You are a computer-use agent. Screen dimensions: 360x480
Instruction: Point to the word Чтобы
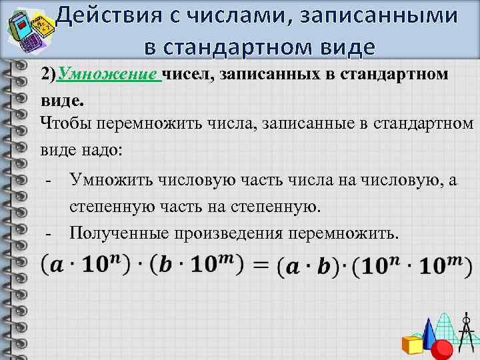click(65, 123)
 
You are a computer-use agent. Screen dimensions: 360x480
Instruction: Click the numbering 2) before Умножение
click(49, 75)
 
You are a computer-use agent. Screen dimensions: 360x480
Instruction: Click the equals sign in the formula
click(261, 266)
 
